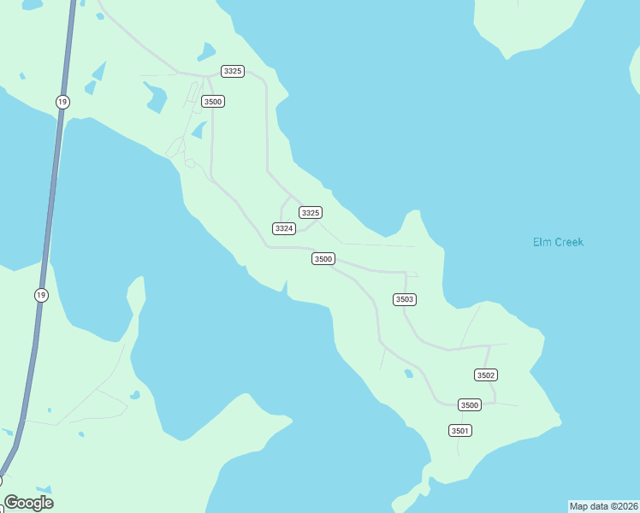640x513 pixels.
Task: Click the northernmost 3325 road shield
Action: point(232,71)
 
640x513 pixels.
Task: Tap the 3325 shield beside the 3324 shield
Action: point(310,212)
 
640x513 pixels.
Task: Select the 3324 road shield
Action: point(284,228)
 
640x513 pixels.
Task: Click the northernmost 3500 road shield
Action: point(213,101)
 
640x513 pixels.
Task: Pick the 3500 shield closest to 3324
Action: point(323,258)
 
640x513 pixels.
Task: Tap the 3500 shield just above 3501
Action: point(469,404)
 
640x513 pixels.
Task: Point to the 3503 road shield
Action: point(405,299)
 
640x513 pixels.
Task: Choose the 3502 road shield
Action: point(486,374)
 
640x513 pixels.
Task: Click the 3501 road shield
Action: point(459,430)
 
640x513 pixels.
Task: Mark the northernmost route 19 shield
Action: point(62,102)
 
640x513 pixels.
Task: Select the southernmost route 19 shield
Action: point(41,295)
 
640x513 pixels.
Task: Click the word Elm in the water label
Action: point(542,242)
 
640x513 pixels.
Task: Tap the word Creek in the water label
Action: point(568,242)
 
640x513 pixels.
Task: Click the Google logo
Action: point(29,503)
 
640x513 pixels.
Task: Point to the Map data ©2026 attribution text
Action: point(603,506)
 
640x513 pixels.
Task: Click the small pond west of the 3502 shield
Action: point(409,374)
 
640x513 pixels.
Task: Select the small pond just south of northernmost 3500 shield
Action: point(199,129)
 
